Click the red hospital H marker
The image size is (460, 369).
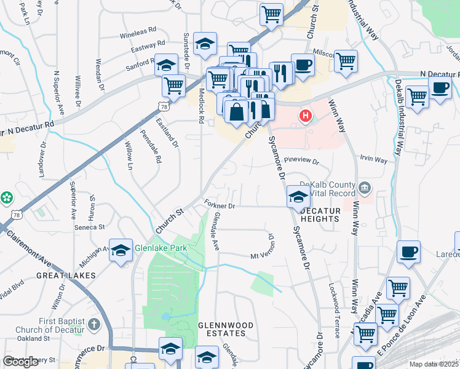tap(304, 115)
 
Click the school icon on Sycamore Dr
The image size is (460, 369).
tap(298, 197)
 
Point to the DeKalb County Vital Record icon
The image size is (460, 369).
tap(364, 186)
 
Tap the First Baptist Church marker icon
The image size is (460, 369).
tap(93, 323)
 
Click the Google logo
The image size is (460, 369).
tap(20, 362)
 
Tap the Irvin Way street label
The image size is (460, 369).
tap(373, 161)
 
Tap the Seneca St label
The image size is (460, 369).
tap(90, 227)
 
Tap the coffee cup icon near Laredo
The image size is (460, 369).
tap(408, 252)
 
